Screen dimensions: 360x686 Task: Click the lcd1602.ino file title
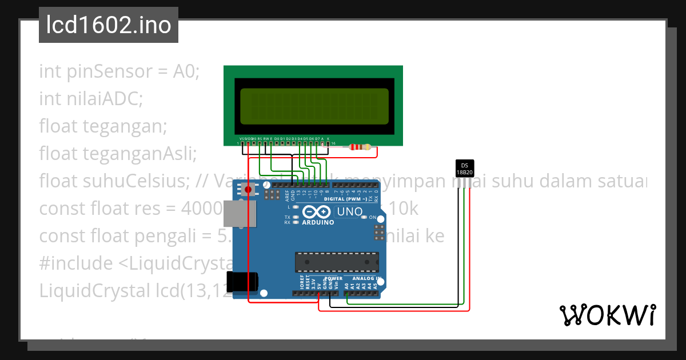(109, 25)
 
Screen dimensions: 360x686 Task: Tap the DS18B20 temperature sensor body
(464, 169)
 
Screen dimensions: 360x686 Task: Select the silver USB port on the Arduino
(234, 214)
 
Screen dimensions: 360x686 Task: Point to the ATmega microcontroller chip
(337, 261)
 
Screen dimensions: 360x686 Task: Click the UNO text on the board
(350, 212)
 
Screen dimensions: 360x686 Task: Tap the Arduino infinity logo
(317, 212)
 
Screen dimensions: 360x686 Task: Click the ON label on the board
(372, 218)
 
